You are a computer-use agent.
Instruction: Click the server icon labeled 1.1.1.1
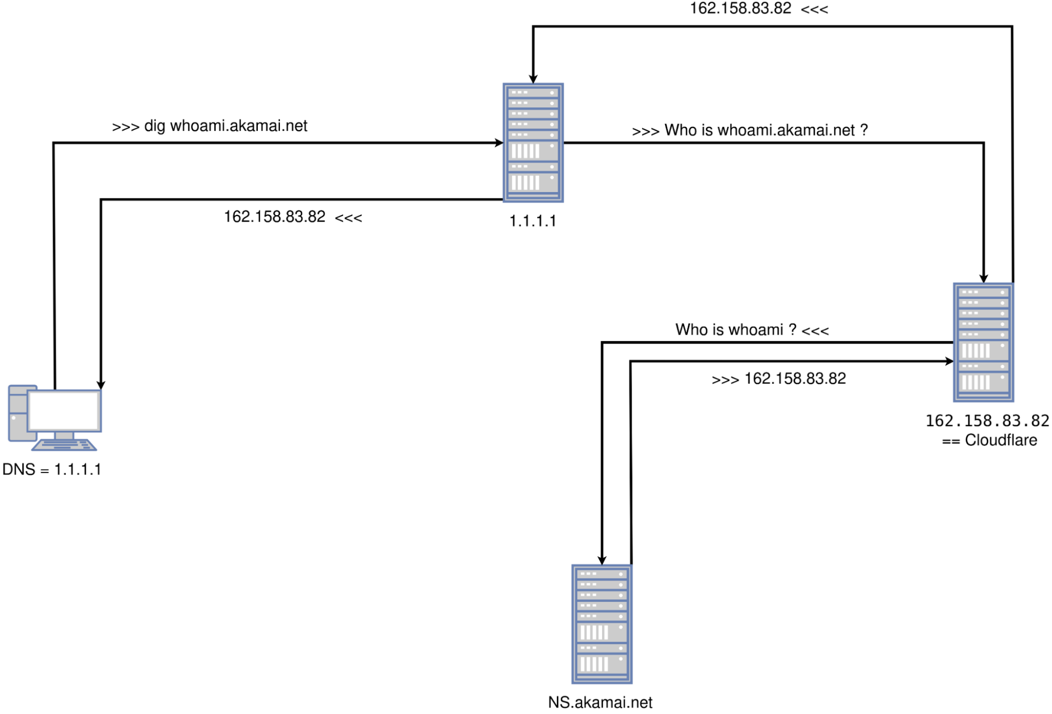[x=533, y=143]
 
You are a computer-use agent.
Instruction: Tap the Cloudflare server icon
[x=983, y=343]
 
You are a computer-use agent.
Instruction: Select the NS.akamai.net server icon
[x=602, y=624]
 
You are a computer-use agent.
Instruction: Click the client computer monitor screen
[x=64, y=410]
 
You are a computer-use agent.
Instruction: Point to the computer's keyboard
[x=64, y=445]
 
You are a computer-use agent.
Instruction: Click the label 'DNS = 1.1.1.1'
[x=52, y=469]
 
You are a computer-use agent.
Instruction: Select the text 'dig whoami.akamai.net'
[x=225, y=126]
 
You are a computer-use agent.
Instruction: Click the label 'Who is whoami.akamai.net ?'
[x=766, y=130]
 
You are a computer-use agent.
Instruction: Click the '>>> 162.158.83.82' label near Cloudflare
[x=778, y=379]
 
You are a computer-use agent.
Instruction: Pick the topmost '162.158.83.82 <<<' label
[x=758, y=8]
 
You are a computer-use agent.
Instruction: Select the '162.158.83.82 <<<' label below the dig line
[x=293, y=217]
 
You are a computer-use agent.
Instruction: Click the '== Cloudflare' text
[x=989, y=440]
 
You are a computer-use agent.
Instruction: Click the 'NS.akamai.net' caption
[x=600, y=702]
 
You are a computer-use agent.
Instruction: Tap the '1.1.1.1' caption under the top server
[x=533, y=221]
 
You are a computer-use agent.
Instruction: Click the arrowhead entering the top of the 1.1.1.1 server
[x=533, y=79]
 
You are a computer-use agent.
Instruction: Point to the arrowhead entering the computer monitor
[x=101, y=385]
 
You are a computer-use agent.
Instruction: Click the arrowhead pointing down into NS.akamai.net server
[x=602, y=561]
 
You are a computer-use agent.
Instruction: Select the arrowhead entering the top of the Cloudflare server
[x=983, y=279]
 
